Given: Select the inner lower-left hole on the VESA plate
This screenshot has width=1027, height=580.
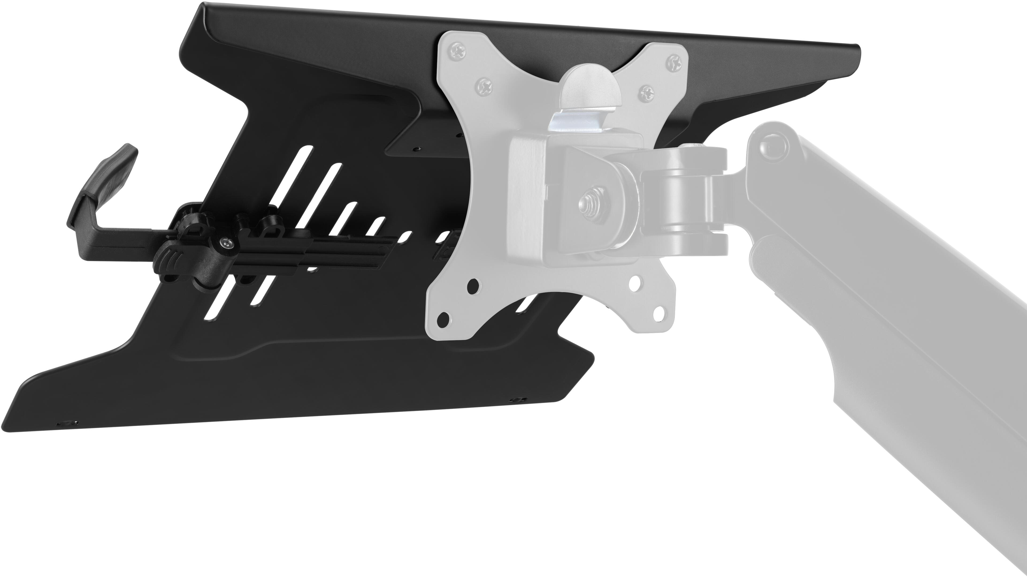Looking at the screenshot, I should (x=473, y=286).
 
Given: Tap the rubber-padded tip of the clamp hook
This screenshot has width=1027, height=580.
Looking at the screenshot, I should (x=120, y=162).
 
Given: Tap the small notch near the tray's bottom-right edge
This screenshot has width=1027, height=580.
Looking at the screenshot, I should (x=518, y=399).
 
